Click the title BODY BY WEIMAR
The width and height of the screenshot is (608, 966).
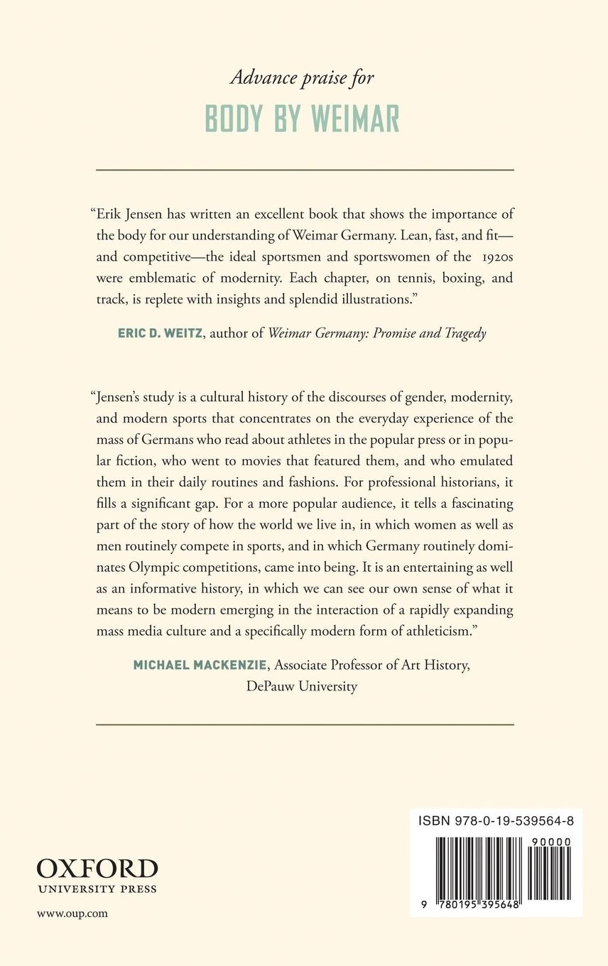click(x=302, y=119)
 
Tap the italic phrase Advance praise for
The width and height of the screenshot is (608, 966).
click(x=302, y=77)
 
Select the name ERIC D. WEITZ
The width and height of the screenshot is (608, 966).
click(x=161, y=333)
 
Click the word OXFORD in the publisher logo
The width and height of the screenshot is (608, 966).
click(x=97, y=869)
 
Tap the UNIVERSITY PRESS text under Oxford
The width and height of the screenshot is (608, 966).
click(x=97, y=889)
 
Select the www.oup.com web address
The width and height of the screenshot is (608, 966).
click(x=72, y=913)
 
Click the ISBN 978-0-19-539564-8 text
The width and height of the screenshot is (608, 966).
click(x=496, y=821)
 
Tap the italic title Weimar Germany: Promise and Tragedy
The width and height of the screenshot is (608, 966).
click(x=376, y=333)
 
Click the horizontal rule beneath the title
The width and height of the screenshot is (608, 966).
click(x=305, y=170)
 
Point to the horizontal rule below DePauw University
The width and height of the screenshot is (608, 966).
click(x=305, y=724)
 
